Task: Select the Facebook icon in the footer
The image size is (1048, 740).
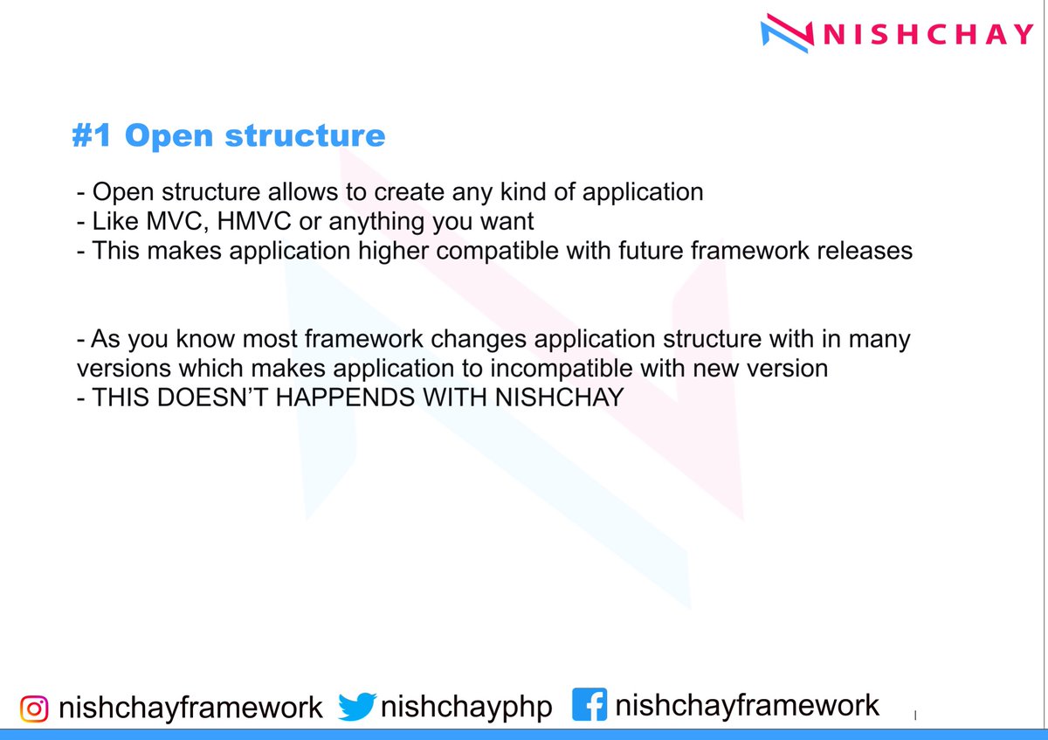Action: [x=589, y=705]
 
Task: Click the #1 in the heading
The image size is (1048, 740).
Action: [x=93, y=136]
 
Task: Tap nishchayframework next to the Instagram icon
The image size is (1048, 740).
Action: [x=190, y=707]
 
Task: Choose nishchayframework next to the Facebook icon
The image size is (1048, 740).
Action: [x=748, y=705]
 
